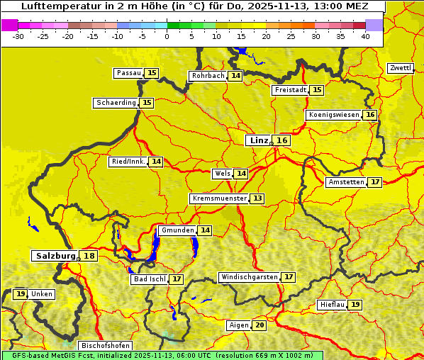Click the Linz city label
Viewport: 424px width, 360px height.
pyautogui.click(x=259, y=140)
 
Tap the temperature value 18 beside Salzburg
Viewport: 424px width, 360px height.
pyautogui.click(x=89, y=256)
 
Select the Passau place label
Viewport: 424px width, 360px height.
pyautogui.click(x=129, y=73)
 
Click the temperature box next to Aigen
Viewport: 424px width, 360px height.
pyautogui.click(x=260, y=325)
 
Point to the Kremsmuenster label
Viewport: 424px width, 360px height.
pyautogui.click(x=219, y=198)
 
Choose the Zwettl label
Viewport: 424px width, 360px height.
pyautogui.click(x=400, y=68)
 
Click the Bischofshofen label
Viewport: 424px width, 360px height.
pyautogui.click(x=105, y=346)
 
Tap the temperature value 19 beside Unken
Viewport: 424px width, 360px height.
pyautogui.click(x=21, y=294)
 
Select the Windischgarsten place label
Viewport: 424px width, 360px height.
pyautogui.click(x=249, y=277)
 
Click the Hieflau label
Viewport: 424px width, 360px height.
pyautogui.click(x=332, y=305)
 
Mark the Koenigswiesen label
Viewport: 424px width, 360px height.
pyautogui.click(x=334, y=115)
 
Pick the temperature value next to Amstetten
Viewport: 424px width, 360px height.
pyautogui.click(x=375, y=182)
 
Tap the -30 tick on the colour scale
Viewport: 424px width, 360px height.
pyautogui.click(x=18, y=36)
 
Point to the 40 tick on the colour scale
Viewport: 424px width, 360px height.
pyautogui.click(x=365, y=36)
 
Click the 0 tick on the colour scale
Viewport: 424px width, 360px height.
pyautogui.click(x=167, y=36)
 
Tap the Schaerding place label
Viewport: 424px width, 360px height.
pyautogui.click(x=116, y=103)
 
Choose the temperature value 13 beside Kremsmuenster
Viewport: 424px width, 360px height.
pyautogui.click(x=257, y=198)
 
